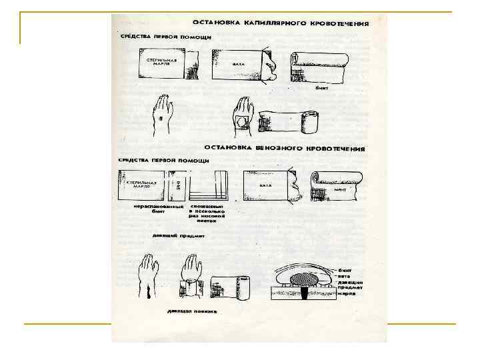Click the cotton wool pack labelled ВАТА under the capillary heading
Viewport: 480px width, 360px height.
(240, 65)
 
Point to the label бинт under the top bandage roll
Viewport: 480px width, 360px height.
(321, 87)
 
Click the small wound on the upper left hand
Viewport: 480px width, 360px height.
(159, 120)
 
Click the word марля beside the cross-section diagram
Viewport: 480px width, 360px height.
(351, 293)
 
